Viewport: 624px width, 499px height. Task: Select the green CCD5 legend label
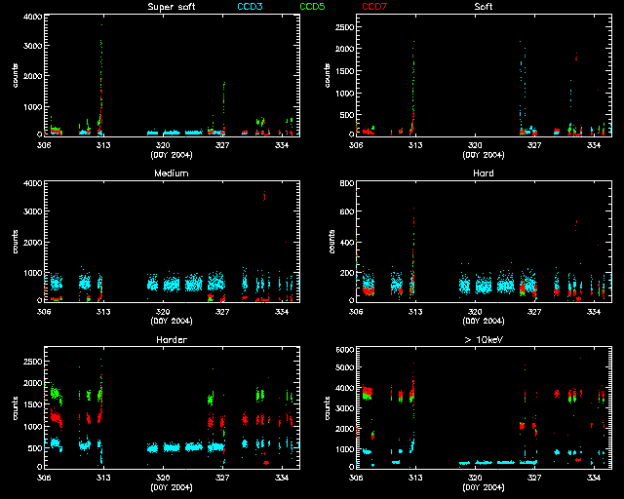[x=313, y=7]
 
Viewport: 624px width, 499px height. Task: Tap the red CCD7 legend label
[x=373, y=7]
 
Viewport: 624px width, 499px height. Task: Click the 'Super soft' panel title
[x=170, y=7]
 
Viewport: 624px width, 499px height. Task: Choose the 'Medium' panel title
[x=170, y=173]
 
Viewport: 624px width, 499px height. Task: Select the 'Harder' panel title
[x=170, y=340]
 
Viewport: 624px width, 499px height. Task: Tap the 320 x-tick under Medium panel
[x=163, y=312]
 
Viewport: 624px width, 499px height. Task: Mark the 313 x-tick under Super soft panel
[x=103, y=145]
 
